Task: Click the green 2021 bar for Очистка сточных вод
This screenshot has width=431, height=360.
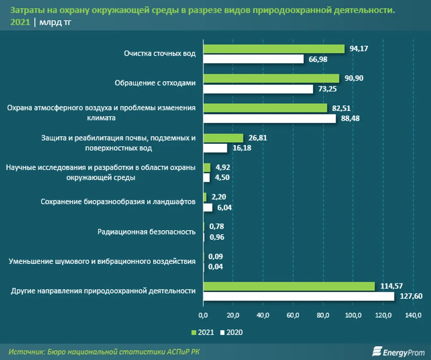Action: pyautogui.click(x=273, y=49)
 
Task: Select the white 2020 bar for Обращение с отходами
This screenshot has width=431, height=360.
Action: pyautogui.click(x=258, y=89)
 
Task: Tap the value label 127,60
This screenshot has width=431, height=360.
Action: pyautogui.click(x=411, y=296)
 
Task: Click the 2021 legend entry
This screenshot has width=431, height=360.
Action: pyautogui.click(x=203, y=332)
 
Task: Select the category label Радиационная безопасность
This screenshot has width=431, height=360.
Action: pyautogui.click(x=146, y=231)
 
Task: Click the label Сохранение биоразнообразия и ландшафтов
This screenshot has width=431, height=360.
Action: pyautogui.click(x=118, y=202)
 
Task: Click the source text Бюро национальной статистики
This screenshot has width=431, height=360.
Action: pyautogui.click(x=105, y=351)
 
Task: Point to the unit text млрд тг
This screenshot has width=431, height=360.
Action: pyautogui.click(x=55, y=23)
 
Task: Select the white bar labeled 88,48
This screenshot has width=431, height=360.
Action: pyautogui.click(x=269, y=119)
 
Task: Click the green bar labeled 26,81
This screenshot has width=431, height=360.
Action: pyautogui.click(x=223, y=138)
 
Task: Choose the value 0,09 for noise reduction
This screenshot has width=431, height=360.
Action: pyautogui.click(x=216, y=257)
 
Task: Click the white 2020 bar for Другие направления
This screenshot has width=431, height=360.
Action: pyautogui.click(x=298, y=296)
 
